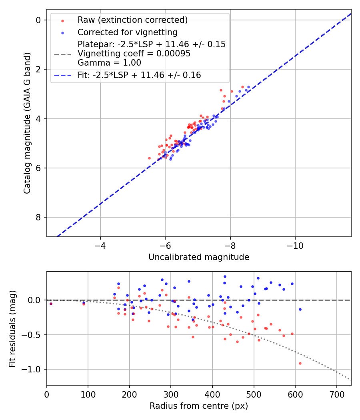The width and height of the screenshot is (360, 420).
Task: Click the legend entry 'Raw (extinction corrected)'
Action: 132,20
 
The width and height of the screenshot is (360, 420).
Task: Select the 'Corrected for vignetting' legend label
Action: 127,32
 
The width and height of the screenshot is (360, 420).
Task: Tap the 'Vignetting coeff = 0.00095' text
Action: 134,54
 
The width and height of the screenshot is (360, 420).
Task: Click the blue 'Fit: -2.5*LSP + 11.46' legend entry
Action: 139,75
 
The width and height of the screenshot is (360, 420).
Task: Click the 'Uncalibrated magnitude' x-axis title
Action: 199,257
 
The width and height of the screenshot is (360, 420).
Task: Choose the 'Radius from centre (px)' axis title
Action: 199,406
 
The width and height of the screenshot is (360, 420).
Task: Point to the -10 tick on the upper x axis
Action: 295,245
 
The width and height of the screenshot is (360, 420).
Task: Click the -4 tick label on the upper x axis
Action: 100,245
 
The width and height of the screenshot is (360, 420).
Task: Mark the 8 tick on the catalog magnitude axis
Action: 39,217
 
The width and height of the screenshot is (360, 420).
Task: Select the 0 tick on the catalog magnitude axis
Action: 39,20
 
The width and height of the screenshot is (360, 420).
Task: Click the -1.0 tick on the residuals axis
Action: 33,369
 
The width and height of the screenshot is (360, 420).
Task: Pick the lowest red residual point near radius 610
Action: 300,363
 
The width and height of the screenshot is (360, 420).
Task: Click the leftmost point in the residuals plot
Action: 51,304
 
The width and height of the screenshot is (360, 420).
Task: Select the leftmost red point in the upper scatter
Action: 150,158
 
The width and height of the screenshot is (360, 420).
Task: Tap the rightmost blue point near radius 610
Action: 300,309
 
